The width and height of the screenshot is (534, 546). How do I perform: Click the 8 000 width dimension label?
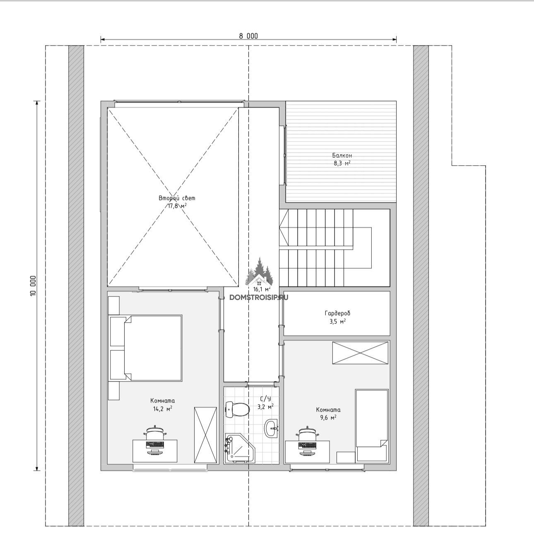pos(248,36)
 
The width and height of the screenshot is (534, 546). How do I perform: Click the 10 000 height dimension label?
pos(33,286)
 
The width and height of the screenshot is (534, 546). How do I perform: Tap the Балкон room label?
pos(342,155)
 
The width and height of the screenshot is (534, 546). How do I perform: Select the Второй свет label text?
pos(177,198)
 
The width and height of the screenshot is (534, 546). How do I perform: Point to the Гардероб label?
pos(337,313)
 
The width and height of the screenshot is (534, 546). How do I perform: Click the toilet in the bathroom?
pos(237,409)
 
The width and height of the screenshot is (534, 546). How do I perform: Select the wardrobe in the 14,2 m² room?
pos(205,435)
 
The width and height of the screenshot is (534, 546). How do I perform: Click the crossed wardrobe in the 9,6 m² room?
pos(360,353)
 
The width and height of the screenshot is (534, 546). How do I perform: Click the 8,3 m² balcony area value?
pos(342,163)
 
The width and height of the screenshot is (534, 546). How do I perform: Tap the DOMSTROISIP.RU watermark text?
pos(259,297)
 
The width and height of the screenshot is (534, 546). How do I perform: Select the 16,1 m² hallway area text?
pos(262,290)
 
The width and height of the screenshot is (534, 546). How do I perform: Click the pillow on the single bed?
pos(371,453)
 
